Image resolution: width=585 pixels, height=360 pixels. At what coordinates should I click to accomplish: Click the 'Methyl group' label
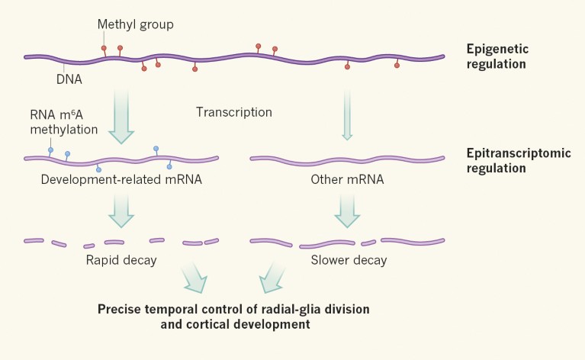pyautogui.click(x=135, y=25)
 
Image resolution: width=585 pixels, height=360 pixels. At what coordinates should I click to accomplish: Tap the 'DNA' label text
pyautogui.click(x=69, y=78)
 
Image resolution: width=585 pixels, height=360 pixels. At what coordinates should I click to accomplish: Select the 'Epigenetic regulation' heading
pyautogui.click(x=497, y=56)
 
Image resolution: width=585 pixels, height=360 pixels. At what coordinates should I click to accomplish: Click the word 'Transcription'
pyautogui.click(x=233, y=112)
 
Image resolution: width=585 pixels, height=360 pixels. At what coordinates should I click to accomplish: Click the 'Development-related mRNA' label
pyautogui.click(x=121, y=181)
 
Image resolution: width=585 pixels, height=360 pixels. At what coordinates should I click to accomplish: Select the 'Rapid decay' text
pyautogui.click(x=121, y=260)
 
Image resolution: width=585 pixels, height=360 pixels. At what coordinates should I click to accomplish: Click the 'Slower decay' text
pyautogui.click(x=349, y=260)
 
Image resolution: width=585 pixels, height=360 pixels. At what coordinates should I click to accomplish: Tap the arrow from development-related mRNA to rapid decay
pyautogui.click(x=121, y=210)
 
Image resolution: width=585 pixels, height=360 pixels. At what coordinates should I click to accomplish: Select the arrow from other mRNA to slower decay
pyautogui.click(x=348, y=210)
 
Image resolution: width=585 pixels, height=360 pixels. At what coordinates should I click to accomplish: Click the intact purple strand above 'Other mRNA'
pyautogui.click(x=348, y=159)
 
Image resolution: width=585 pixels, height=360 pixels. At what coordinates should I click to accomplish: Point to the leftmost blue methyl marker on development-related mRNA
pyautogui.click(x=51, y=150)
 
